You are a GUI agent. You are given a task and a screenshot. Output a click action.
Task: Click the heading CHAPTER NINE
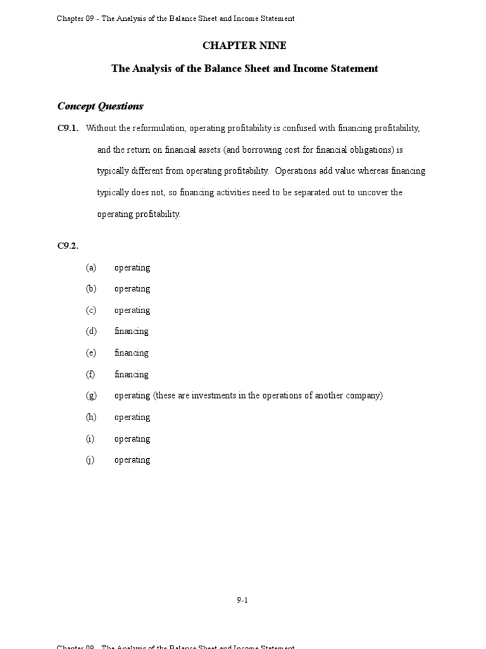244,46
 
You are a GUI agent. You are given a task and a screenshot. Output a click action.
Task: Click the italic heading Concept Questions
100,106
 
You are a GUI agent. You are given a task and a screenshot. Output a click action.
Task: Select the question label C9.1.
68,129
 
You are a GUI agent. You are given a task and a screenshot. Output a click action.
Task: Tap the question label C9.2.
68,246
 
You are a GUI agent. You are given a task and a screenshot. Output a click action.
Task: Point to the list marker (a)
91,267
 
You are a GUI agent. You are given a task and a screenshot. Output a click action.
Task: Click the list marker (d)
91,331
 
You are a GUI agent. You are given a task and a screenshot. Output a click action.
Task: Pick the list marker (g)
91,395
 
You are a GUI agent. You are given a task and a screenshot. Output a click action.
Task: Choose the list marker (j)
91,460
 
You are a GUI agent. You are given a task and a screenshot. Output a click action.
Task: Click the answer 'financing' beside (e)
131,353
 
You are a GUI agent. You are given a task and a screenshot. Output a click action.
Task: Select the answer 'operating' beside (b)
132,289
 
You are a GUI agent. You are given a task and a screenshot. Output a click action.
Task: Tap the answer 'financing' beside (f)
131,375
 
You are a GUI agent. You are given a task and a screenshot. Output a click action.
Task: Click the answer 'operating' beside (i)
132,439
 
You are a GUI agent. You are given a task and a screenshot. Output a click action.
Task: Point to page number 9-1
242,600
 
